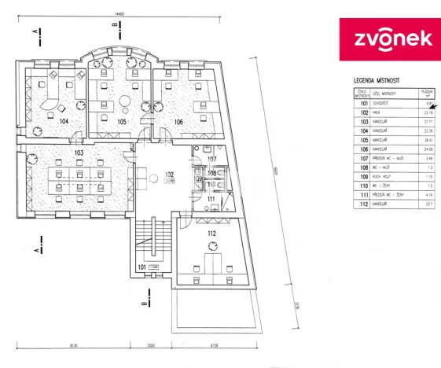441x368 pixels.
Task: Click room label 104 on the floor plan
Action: pyautogui.click(x=63, y=121)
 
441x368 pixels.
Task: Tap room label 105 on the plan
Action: pyautogui.click(x=122, y=122)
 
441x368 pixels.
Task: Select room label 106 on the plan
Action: pyautogui.click(x=178, y=122)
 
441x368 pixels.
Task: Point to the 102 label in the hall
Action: pyautogui.click(x=169, y=175)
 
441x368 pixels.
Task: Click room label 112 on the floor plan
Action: pyautogui.click(x=212, y=234)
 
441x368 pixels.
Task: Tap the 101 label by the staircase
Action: pyautogui.click(x=141, y=267)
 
